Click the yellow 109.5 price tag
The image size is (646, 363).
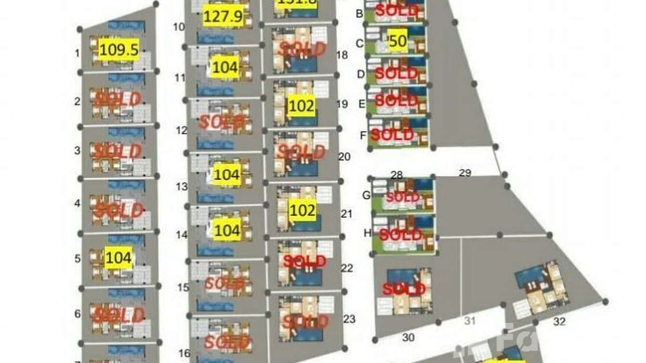[x=119, y=50]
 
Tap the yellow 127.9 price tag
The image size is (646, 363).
[x=222, y=17]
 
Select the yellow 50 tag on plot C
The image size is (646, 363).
[x=398, y=42]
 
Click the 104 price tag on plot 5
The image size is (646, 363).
[x=118, y=259]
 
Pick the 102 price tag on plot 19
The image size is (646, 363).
[x=302, y=106]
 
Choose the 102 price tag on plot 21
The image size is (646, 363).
[x=302, y=211]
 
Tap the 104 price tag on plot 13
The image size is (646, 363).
[x=226, y=175]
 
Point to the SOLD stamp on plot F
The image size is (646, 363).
[x=392, y=135]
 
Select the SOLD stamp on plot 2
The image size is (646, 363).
[x=118, y=99]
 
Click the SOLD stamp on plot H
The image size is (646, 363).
[x=401, y=235]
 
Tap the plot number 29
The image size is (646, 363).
[x=465, y=173]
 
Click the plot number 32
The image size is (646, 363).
[x=559, y=322]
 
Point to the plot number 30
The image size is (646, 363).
[x=408, y=338]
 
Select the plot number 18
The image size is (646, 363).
[x=342, y=55]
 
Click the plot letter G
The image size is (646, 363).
[x=366, y=195]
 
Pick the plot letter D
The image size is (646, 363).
[x=361, y=74]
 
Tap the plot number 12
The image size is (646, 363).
[x=181, y=130]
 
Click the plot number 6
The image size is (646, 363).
[x=78, y=314]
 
